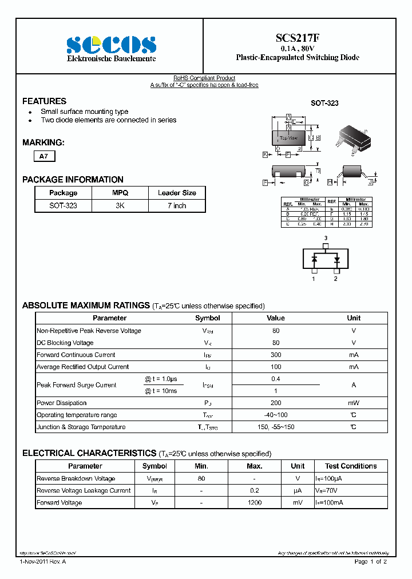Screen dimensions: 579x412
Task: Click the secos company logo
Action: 110,45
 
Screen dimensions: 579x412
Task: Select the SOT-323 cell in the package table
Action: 63,205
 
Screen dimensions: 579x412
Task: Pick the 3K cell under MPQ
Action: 120,205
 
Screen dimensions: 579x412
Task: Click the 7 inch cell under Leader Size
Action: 177,205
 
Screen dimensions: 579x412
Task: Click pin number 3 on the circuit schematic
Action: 326,238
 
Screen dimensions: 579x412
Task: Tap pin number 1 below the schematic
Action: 314,279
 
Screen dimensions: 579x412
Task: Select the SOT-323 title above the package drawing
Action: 324,103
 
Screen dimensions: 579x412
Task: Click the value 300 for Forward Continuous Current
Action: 276,355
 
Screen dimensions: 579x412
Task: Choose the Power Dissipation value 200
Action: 276,403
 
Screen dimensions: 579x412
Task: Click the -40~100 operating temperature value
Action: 276,415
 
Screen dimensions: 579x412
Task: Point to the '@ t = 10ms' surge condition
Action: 161,391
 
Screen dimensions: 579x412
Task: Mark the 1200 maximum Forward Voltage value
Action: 255,502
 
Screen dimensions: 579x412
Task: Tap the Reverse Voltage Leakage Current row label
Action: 84,490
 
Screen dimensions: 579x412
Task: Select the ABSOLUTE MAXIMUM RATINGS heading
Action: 86,306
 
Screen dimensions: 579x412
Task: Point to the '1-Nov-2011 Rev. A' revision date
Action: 42,562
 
